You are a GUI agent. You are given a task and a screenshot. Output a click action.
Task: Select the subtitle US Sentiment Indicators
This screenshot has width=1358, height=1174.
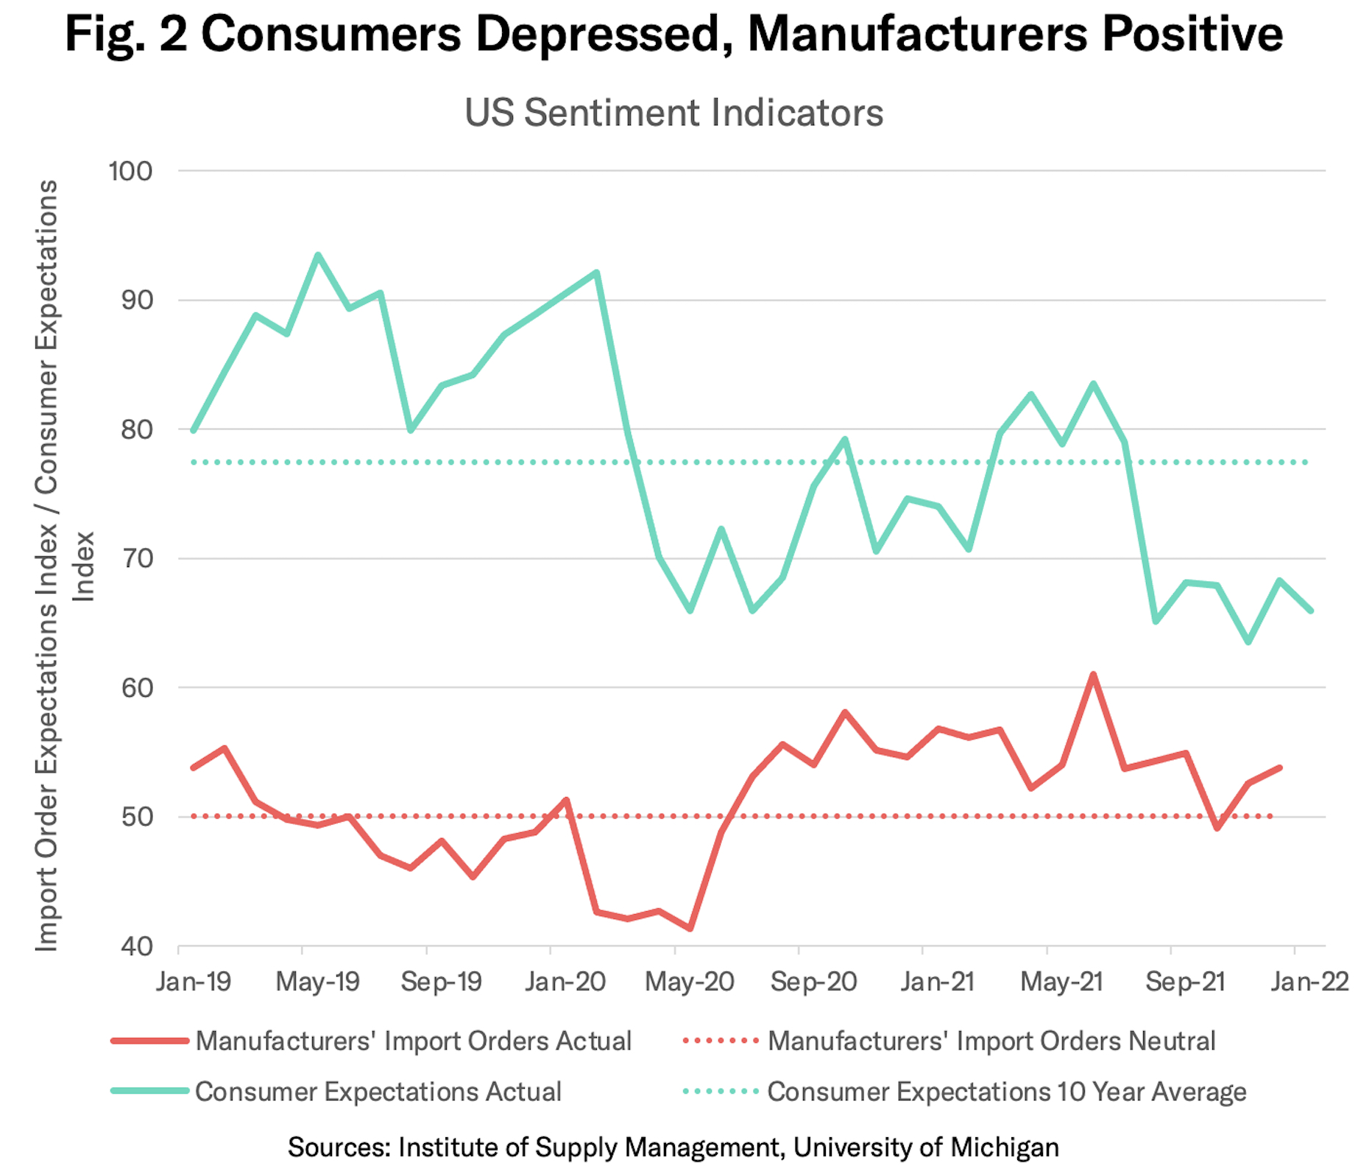673,113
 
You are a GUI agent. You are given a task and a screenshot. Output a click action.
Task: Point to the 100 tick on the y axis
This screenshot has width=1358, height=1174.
130,171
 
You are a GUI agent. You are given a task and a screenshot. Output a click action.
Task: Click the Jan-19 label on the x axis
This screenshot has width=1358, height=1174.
193,982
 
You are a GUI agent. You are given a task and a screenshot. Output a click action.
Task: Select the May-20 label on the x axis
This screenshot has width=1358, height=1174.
690,982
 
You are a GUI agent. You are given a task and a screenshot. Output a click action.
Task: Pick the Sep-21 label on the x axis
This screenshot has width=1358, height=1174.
1185,982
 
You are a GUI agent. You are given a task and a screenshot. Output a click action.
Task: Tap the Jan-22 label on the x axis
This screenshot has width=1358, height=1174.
1309,982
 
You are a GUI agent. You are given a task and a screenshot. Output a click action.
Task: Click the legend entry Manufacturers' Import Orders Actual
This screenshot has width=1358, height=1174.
413,1041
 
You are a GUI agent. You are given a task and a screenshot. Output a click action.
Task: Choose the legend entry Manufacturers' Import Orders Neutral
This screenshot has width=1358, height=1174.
991,1041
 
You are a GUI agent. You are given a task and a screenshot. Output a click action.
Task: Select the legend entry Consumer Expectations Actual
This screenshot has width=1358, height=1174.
378,1091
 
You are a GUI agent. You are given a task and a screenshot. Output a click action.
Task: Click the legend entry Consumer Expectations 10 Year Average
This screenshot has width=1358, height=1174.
1006,1091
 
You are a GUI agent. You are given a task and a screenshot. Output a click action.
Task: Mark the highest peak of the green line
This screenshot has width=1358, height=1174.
318,255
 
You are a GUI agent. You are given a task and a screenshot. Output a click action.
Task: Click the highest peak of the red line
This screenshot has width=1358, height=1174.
1093,674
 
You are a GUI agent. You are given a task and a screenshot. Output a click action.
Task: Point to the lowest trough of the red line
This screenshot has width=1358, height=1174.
690,929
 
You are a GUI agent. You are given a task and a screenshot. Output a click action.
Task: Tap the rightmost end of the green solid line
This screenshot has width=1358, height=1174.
1311,611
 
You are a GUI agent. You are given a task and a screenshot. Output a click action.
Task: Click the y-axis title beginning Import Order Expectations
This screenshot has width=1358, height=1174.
47,566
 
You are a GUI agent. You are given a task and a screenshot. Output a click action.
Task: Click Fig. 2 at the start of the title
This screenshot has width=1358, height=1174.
127,34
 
